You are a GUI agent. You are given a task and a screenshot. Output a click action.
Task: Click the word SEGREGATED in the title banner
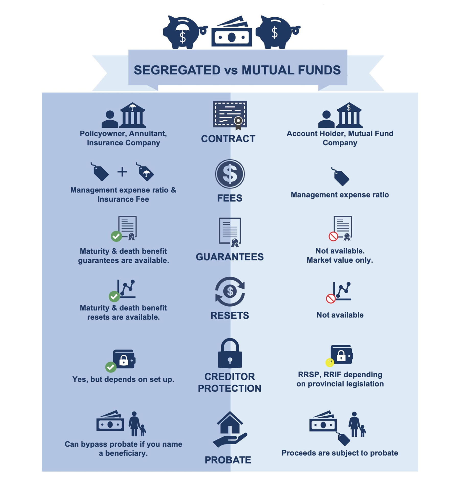coord(177,70)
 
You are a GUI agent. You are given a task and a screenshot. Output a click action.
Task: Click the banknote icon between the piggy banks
coord(232,31)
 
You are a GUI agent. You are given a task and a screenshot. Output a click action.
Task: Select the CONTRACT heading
coord(228,139)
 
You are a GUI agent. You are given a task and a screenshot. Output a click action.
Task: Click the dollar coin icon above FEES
coord(230,174)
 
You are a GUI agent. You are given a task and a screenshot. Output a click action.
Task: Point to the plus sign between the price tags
coord(122,172)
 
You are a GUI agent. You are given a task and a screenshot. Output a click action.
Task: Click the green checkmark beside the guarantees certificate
coord(116,236)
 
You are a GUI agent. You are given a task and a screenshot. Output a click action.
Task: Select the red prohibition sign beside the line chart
coord(331,298)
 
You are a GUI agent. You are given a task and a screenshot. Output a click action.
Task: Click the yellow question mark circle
coord(330,362)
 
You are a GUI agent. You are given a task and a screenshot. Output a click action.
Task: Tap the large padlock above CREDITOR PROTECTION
coord(230,353)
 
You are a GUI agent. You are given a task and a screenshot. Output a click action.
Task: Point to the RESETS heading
coord(230,316)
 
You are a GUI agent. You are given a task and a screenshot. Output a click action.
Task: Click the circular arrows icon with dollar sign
coord(230,292)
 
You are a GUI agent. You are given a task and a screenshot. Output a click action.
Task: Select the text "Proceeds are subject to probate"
coord(340,453)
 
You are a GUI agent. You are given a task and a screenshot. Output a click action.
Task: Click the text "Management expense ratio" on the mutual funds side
coord(340,195)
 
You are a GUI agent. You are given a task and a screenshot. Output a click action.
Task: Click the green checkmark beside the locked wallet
coord(111,367)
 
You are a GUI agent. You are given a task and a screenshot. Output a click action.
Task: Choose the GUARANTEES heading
coord(230,257)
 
